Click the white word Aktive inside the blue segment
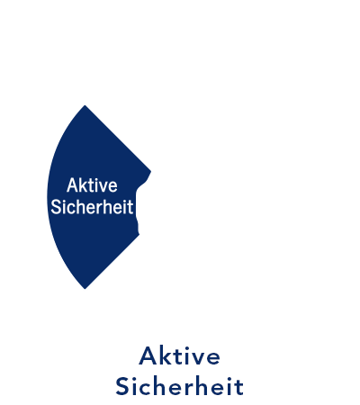click(92, 185)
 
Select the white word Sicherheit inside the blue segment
click(92, 207)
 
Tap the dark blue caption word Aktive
click(179, 356)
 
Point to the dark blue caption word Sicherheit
click(179, 386)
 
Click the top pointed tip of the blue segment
click(85, 105)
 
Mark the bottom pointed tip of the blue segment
click(85, 289)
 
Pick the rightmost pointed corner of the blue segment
click(150, 172)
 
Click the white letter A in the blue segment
click(72, 185)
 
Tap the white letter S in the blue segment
click(56, 207)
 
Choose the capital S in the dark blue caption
click(122, 386)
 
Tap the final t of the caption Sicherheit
click(238, 388)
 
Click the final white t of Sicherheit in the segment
click(130, 208)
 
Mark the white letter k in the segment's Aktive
click(83, 185)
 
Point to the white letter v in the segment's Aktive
click(102, 187)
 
